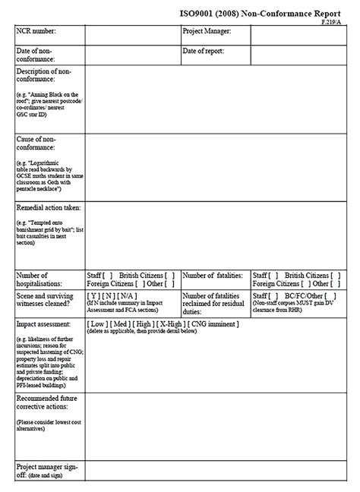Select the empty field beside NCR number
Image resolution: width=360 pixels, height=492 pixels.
[131, 35]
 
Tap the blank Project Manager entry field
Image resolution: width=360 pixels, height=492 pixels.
[301, 35]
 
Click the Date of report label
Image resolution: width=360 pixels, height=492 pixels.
[207, 50]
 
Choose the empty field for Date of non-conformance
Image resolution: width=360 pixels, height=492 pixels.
[131, 54]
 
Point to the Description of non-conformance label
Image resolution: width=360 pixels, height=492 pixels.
[46, 74]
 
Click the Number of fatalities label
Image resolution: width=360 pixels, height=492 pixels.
[213, 275]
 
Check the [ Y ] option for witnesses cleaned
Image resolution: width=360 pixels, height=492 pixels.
[94, 295]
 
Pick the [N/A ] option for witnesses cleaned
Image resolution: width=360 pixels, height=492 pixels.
[129, 295]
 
